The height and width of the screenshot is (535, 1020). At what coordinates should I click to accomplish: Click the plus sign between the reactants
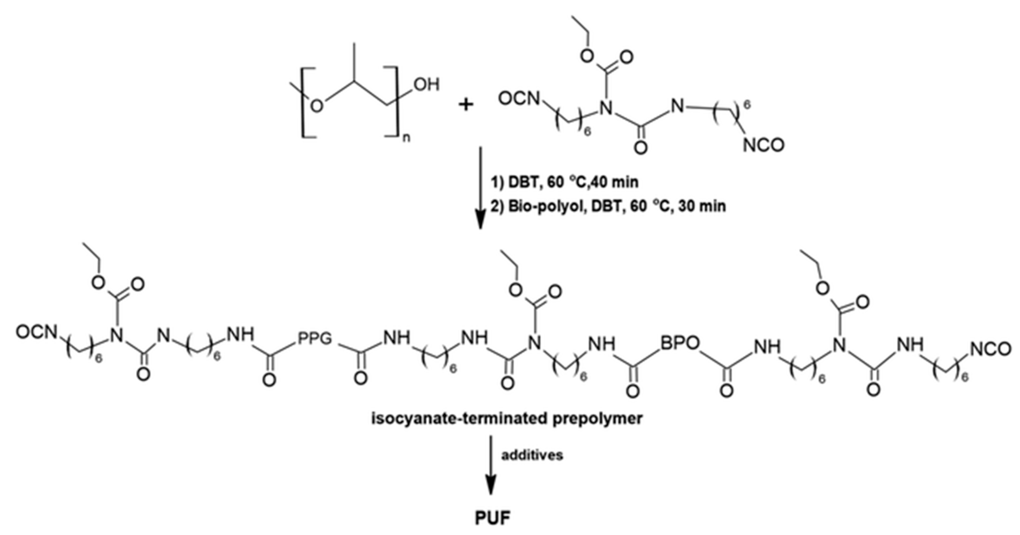tap(466, 105)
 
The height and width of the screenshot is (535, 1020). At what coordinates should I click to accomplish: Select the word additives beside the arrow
tap(532, 455)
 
